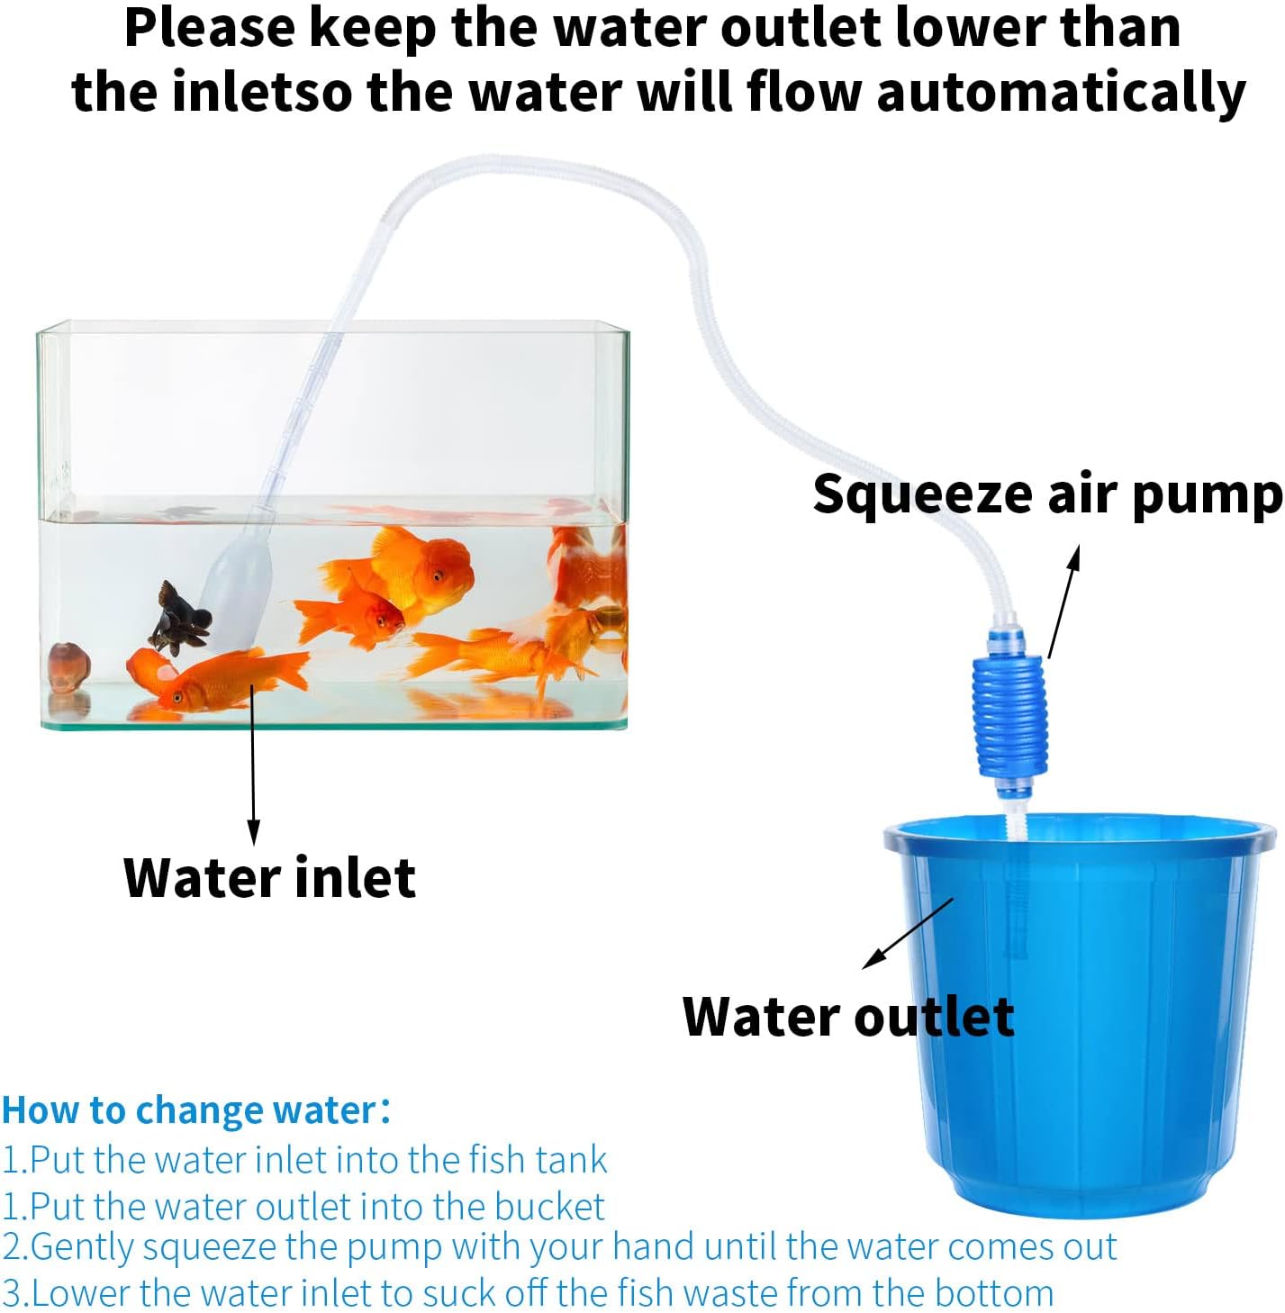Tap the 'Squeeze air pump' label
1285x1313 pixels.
1046,494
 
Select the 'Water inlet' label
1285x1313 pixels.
269,877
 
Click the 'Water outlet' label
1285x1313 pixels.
847,1017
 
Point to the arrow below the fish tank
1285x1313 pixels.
253,765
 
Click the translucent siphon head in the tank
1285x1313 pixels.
237,590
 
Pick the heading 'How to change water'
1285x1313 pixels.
195,1110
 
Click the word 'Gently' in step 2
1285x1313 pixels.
83,1247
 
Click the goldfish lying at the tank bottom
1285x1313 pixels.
216,681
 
